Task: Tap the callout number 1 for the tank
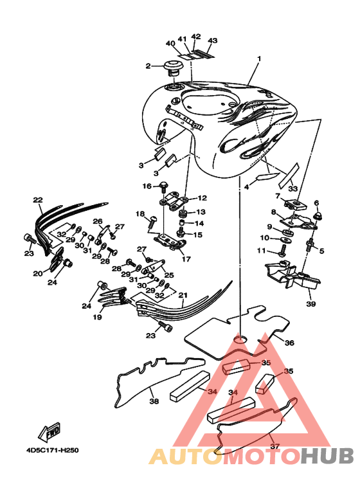coord(259,59)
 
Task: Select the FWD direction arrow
coord(49,431)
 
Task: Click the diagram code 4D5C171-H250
coord(53,451)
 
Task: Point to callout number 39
coord(311,303)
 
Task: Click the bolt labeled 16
coord(163,186)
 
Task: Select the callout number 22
coord(38,200)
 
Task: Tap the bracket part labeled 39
coord(292,275)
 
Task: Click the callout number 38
coord(154,401)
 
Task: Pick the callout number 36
coord(289,343)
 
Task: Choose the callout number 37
coord(274,446)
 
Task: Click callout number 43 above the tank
coord(213,41)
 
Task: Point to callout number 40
coord(170,43)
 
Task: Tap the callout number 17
coord(186,259)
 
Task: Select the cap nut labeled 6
coord(316,216)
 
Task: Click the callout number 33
coord(292,188)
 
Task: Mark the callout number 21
coord(183,295)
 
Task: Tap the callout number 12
coord(202,198)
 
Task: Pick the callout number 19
coord(97,317)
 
